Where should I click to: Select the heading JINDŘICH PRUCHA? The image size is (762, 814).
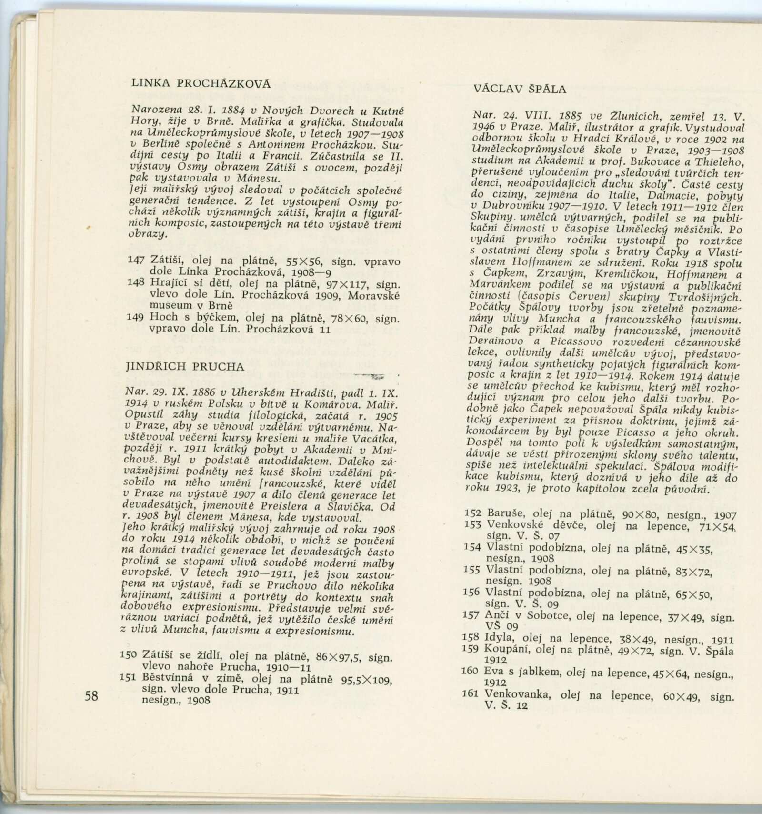tap(185, 367)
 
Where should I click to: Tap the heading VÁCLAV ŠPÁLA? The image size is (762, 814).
tap(520, 89)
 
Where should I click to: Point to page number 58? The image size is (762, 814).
tap(91, 695)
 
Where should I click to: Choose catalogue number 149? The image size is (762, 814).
tap(137, 318)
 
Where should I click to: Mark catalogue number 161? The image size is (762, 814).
tap(471, 693)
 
